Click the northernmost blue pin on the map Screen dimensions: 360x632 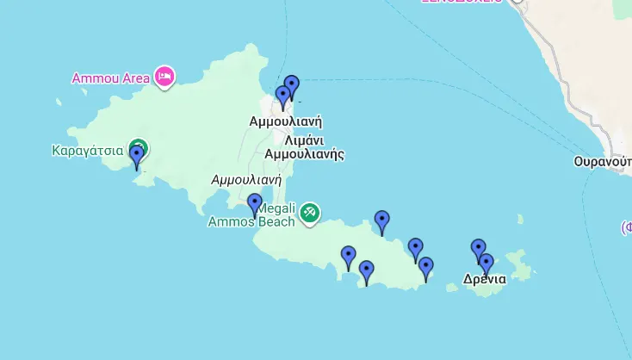[x=292, y=86]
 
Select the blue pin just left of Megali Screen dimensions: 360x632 [x=255, y=204]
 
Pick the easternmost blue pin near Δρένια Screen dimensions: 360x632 [x=486, y=264]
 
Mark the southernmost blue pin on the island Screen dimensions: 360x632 [x=367, y=271]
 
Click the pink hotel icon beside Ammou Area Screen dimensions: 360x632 [x=164, y=77]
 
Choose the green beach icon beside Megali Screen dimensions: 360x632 [x=310, y=212]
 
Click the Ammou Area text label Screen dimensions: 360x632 [x=110, y=78]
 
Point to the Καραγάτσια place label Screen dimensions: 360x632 [x=88, y=151]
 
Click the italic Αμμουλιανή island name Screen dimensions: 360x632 [x=247, y=180]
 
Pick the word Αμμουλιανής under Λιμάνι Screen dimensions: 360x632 [x=304, y=155]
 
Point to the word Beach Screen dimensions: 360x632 [x=275, y=221]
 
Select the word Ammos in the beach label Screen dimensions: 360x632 [x=230, y=221]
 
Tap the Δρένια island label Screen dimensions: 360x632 [x=485, y=279]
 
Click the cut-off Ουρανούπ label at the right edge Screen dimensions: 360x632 [x=603, y=162]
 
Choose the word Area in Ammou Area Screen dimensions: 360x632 [x=136, y=78]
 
